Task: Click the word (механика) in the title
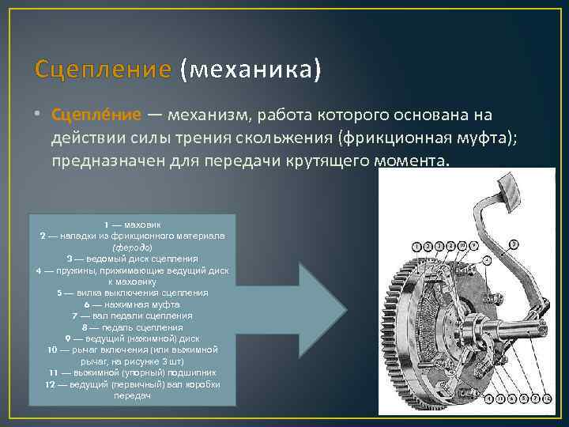(251, 70)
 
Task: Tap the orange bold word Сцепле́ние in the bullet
(96, 115)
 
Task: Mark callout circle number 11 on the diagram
(501, 399)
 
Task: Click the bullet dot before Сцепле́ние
(39, 116)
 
